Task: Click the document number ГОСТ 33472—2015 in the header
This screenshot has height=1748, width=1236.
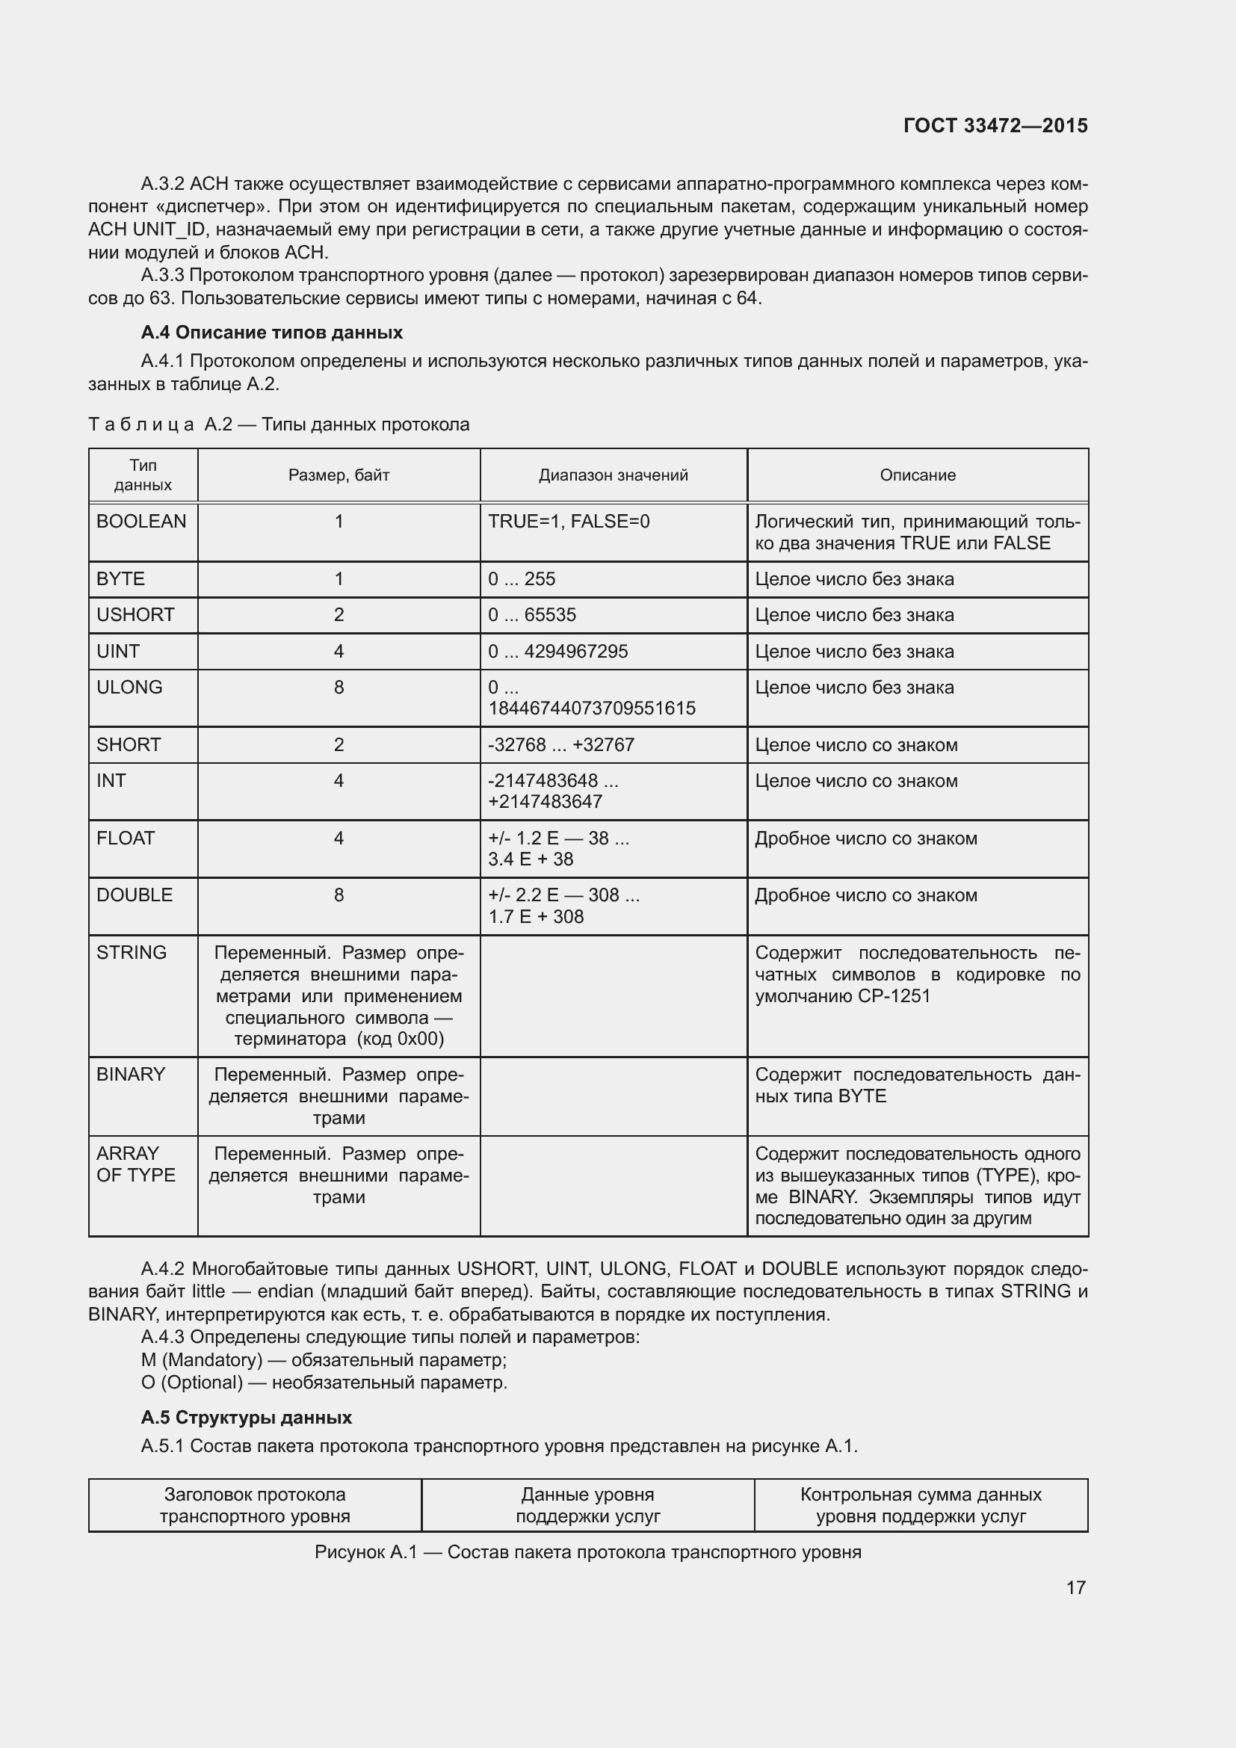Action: tap(995, 126)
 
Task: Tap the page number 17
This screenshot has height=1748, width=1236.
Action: tap(1075, 1587)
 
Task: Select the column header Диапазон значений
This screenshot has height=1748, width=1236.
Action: tap(613, 475)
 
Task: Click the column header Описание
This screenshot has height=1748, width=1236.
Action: tap(917, 475)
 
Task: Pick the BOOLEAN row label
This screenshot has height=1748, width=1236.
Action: tap(141, 522)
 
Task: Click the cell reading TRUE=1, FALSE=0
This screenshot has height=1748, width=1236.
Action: tap(569, 522)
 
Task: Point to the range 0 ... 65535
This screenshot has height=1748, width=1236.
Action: tap(532, 615)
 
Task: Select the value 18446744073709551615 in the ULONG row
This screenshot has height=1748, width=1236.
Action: tap(591, 708)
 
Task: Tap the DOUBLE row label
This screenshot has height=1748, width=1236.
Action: tap(135, 895)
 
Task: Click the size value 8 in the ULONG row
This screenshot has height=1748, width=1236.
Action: tap(339, 688)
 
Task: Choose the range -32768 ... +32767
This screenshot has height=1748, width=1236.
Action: tap(561, 744)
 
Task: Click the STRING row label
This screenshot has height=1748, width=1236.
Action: tap(132, 952)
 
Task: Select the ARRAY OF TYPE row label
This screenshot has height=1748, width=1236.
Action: tap(135, 1164)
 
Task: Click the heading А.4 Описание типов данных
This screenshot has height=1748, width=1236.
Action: tap(272, 333)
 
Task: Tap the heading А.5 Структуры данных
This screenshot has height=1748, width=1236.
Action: tap(246, 1418)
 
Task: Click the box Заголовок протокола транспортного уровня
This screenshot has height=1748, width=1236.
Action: tap(255, 1505)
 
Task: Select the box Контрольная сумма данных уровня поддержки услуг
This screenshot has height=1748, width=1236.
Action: tap(921, 1505)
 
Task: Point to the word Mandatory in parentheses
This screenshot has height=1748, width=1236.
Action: tap(212, 1359)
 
